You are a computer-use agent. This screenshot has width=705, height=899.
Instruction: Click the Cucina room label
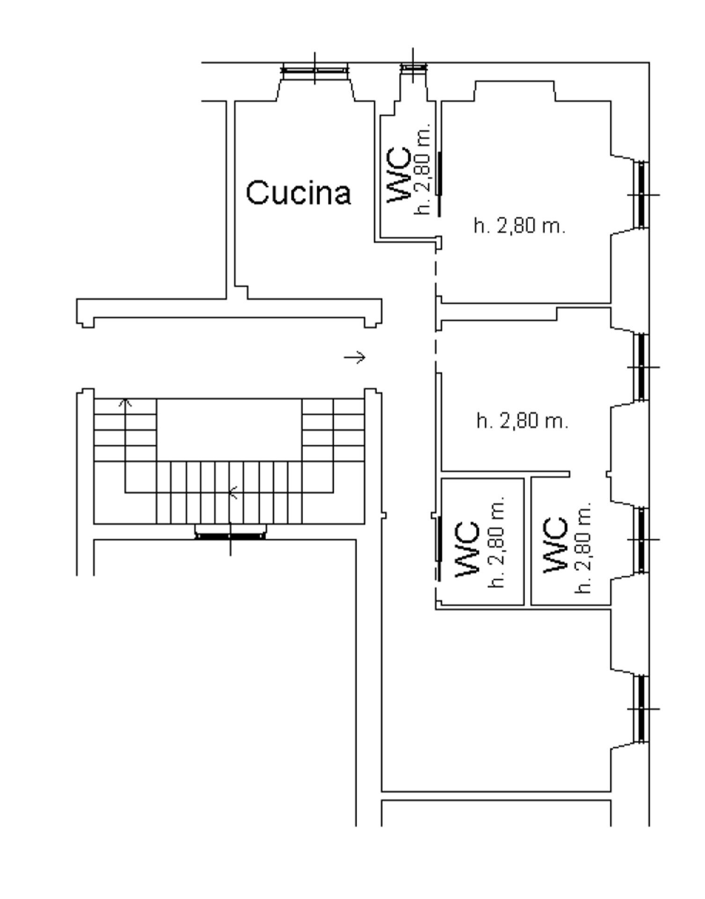[x=298, y=192]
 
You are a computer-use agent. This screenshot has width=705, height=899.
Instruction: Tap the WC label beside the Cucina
[x=399, y=176]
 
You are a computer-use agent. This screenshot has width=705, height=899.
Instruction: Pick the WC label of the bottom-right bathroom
[x=556, y=545]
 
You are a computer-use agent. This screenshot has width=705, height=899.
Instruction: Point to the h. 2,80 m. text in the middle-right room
[x=522, y=420]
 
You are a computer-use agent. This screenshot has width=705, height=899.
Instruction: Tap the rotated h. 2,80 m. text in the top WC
[x=423, y=169]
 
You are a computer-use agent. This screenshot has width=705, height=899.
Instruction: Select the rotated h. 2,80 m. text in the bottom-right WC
[x=583, y=547]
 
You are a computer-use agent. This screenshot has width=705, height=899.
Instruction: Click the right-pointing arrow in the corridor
[x=355, y=357]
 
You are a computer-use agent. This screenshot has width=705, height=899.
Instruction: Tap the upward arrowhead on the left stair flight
[x=125, y=402]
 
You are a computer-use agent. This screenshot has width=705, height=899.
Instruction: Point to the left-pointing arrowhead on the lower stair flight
[x=233, y=493]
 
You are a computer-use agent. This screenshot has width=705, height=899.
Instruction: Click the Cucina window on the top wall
[x=315, y=70]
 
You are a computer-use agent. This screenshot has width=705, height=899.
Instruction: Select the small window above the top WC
[x=413, y=67]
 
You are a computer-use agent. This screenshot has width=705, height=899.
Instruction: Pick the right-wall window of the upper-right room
[x=642, y=194]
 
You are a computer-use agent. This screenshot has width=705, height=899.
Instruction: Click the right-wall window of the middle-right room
[x=642, y=367]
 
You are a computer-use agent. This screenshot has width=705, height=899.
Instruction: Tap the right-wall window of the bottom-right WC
[x=642, y=539]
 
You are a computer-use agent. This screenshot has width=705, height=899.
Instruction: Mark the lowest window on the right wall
[x=642, y=709]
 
